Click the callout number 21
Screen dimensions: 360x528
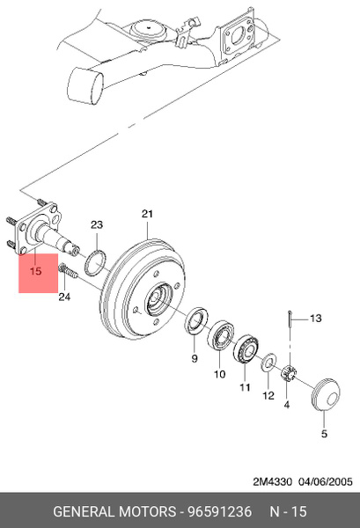[147, 214]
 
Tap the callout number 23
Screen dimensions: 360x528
[97, 224]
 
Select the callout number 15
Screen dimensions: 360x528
[35, 271]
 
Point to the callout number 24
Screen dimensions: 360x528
[64, 297]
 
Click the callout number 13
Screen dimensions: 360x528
[315, 319]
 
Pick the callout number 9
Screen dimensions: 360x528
[195, 359]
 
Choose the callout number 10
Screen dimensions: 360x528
[219, 374]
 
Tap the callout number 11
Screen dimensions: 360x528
[245, 387]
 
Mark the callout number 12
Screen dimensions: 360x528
[268, 395]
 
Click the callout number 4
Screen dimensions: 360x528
[287, 405]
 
